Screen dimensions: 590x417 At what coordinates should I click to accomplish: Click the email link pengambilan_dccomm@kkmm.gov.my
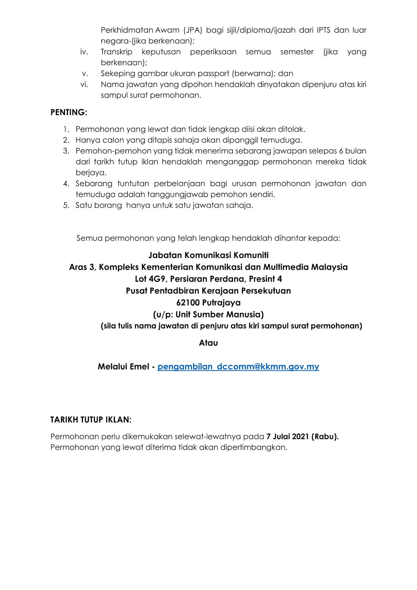(x=238, y=367)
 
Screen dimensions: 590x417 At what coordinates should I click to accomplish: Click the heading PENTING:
(x=69, y=112)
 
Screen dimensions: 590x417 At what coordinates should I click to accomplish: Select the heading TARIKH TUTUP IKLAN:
(x=91, y=420)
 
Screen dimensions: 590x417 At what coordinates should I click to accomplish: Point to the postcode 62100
(x=188, y=303)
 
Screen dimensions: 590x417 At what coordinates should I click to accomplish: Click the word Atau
(x=208, y=343)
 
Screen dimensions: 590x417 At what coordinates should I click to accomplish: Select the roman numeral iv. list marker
(x=84, y=52)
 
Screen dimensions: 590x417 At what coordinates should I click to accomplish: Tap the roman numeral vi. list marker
(x=84, y=85)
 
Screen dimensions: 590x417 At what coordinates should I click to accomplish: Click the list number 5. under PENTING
(x=67, y=205)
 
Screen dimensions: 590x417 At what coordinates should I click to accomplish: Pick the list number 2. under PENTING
(x=67, y=140)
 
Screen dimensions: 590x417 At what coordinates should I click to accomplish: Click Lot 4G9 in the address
(x=150, y=279)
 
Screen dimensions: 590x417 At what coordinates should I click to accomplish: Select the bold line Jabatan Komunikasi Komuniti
(x=208, y=255)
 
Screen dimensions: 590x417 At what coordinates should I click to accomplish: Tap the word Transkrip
(x=116, y=52)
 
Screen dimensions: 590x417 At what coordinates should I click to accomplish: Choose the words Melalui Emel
(x=124, y=367)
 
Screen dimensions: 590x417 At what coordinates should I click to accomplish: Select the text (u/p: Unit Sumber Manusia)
(x=208, y=315)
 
